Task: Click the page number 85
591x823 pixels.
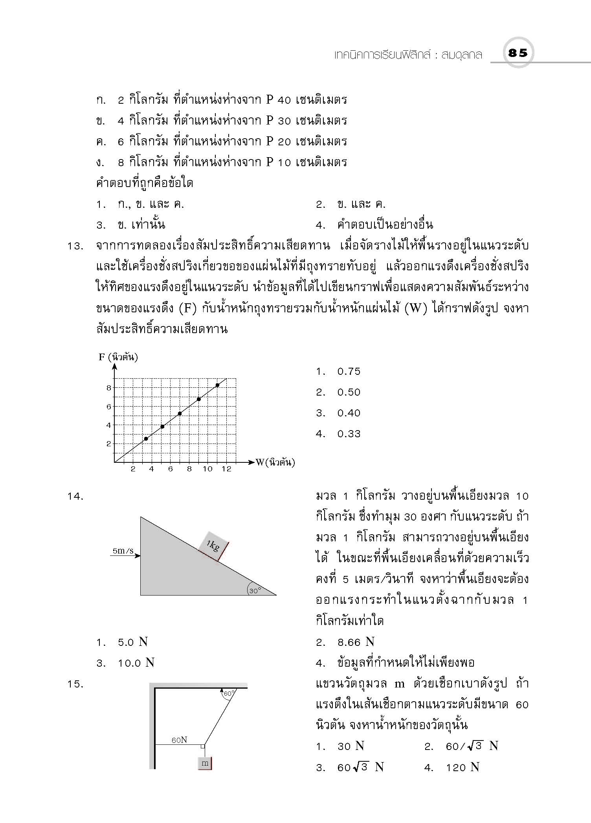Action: [x=518, y=53]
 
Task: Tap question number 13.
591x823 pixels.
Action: [x=76, y=247]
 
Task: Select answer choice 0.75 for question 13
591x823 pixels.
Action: [x=349, y=372]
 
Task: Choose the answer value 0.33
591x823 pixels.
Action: [x=349, y=434]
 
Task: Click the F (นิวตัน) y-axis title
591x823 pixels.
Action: [x=118, y=357]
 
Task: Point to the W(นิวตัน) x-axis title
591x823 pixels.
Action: [x=275, y=462]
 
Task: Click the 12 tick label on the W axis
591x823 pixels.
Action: [x=227, y=469]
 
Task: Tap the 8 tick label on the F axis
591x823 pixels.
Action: [x=109, y=388]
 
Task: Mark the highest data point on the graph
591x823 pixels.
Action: [x=217, y=385]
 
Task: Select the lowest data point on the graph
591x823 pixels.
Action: [x=146, y=439]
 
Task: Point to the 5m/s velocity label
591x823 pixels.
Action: [x=123, y=551]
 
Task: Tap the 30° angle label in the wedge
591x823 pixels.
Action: [x=255, y=590]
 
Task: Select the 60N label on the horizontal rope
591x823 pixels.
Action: [x=179, y=740]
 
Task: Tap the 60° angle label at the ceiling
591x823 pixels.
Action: [x=228, y=694]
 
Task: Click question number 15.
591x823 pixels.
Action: [x=76, y=684]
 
